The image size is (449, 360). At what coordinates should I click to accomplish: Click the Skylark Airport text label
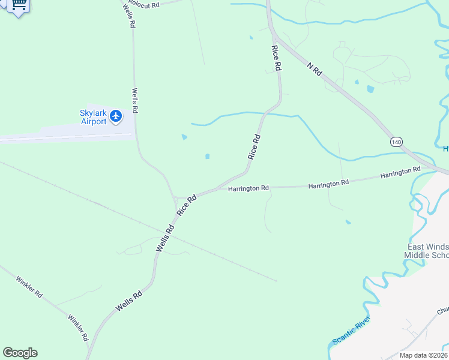click(93, 117)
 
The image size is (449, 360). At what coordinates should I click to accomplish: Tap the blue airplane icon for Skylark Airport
click(116, 116)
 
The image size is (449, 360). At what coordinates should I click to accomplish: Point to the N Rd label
click(315, 69)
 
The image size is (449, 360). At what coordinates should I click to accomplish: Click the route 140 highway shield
click(396, 142)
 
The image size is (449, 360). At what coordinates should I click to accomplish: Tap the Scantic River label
click(351, 331)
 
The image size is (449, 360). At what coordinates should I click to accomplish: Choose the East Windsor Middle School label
click(427, 251)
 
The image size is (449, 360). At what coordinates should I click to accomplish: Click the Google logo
click(20, 353)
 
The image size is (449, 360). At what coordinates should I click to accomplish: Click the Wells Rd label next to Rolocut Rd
click(129, 16)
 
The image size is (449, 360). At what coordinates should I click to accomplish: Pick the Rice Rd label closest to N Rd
click(277, 59)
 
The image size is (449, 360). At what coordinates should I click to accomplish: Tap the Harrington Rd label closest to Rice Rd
click(248, 188)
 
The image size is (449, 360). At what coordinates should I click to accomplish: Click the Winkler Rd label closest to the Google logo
click(78, 328)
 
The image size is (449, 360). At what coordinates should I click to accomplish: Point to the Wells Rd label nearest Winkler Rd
click(129, 301)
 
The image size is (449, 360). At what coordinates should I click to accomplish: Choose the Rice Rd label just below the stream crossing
click(255, 146)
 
